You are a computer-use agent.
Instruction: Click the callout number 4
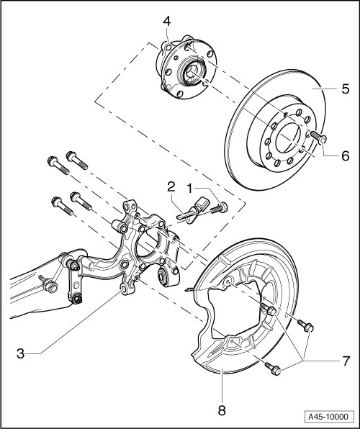click(x=167, y=22)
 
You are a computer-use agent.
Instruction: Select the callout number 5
click(x=345, y=89)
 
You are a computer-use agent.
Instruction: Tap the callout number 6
click(x=346, y=155)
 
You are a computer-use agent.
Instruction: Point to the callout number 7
click(x=346, y=361)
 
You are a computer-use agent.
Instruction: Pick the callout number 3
click(x=21, y=353)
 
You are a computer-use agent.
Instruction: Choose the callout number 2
click(x=171, y=187)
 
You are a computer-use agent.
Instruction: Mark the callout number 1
click(x=190, y=189)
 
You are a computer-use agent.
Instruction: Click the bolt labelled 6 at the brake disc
click(x=319, y=137)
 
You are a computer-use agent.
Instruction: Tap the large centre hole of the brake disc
click(x=288, y=137)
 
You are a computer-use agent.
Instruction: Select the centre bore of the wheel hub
click(x=192, y=72)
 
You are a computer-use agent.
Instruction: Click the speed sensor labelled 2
click(x=192, y=212)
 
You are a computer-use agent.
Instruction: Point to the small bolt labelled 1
click(x=220, y=208)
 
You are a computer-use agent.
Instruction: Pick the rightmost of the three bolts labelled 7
click(x=305, y=325)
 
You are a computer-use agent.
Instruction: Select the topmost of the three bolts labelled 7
click(x=269, y=309)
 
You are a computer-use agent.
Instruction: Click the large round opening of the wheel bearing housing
click(x=148, y=242)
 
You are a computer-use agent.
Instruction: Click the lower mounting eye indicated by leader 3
click(x=124, y=289)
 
